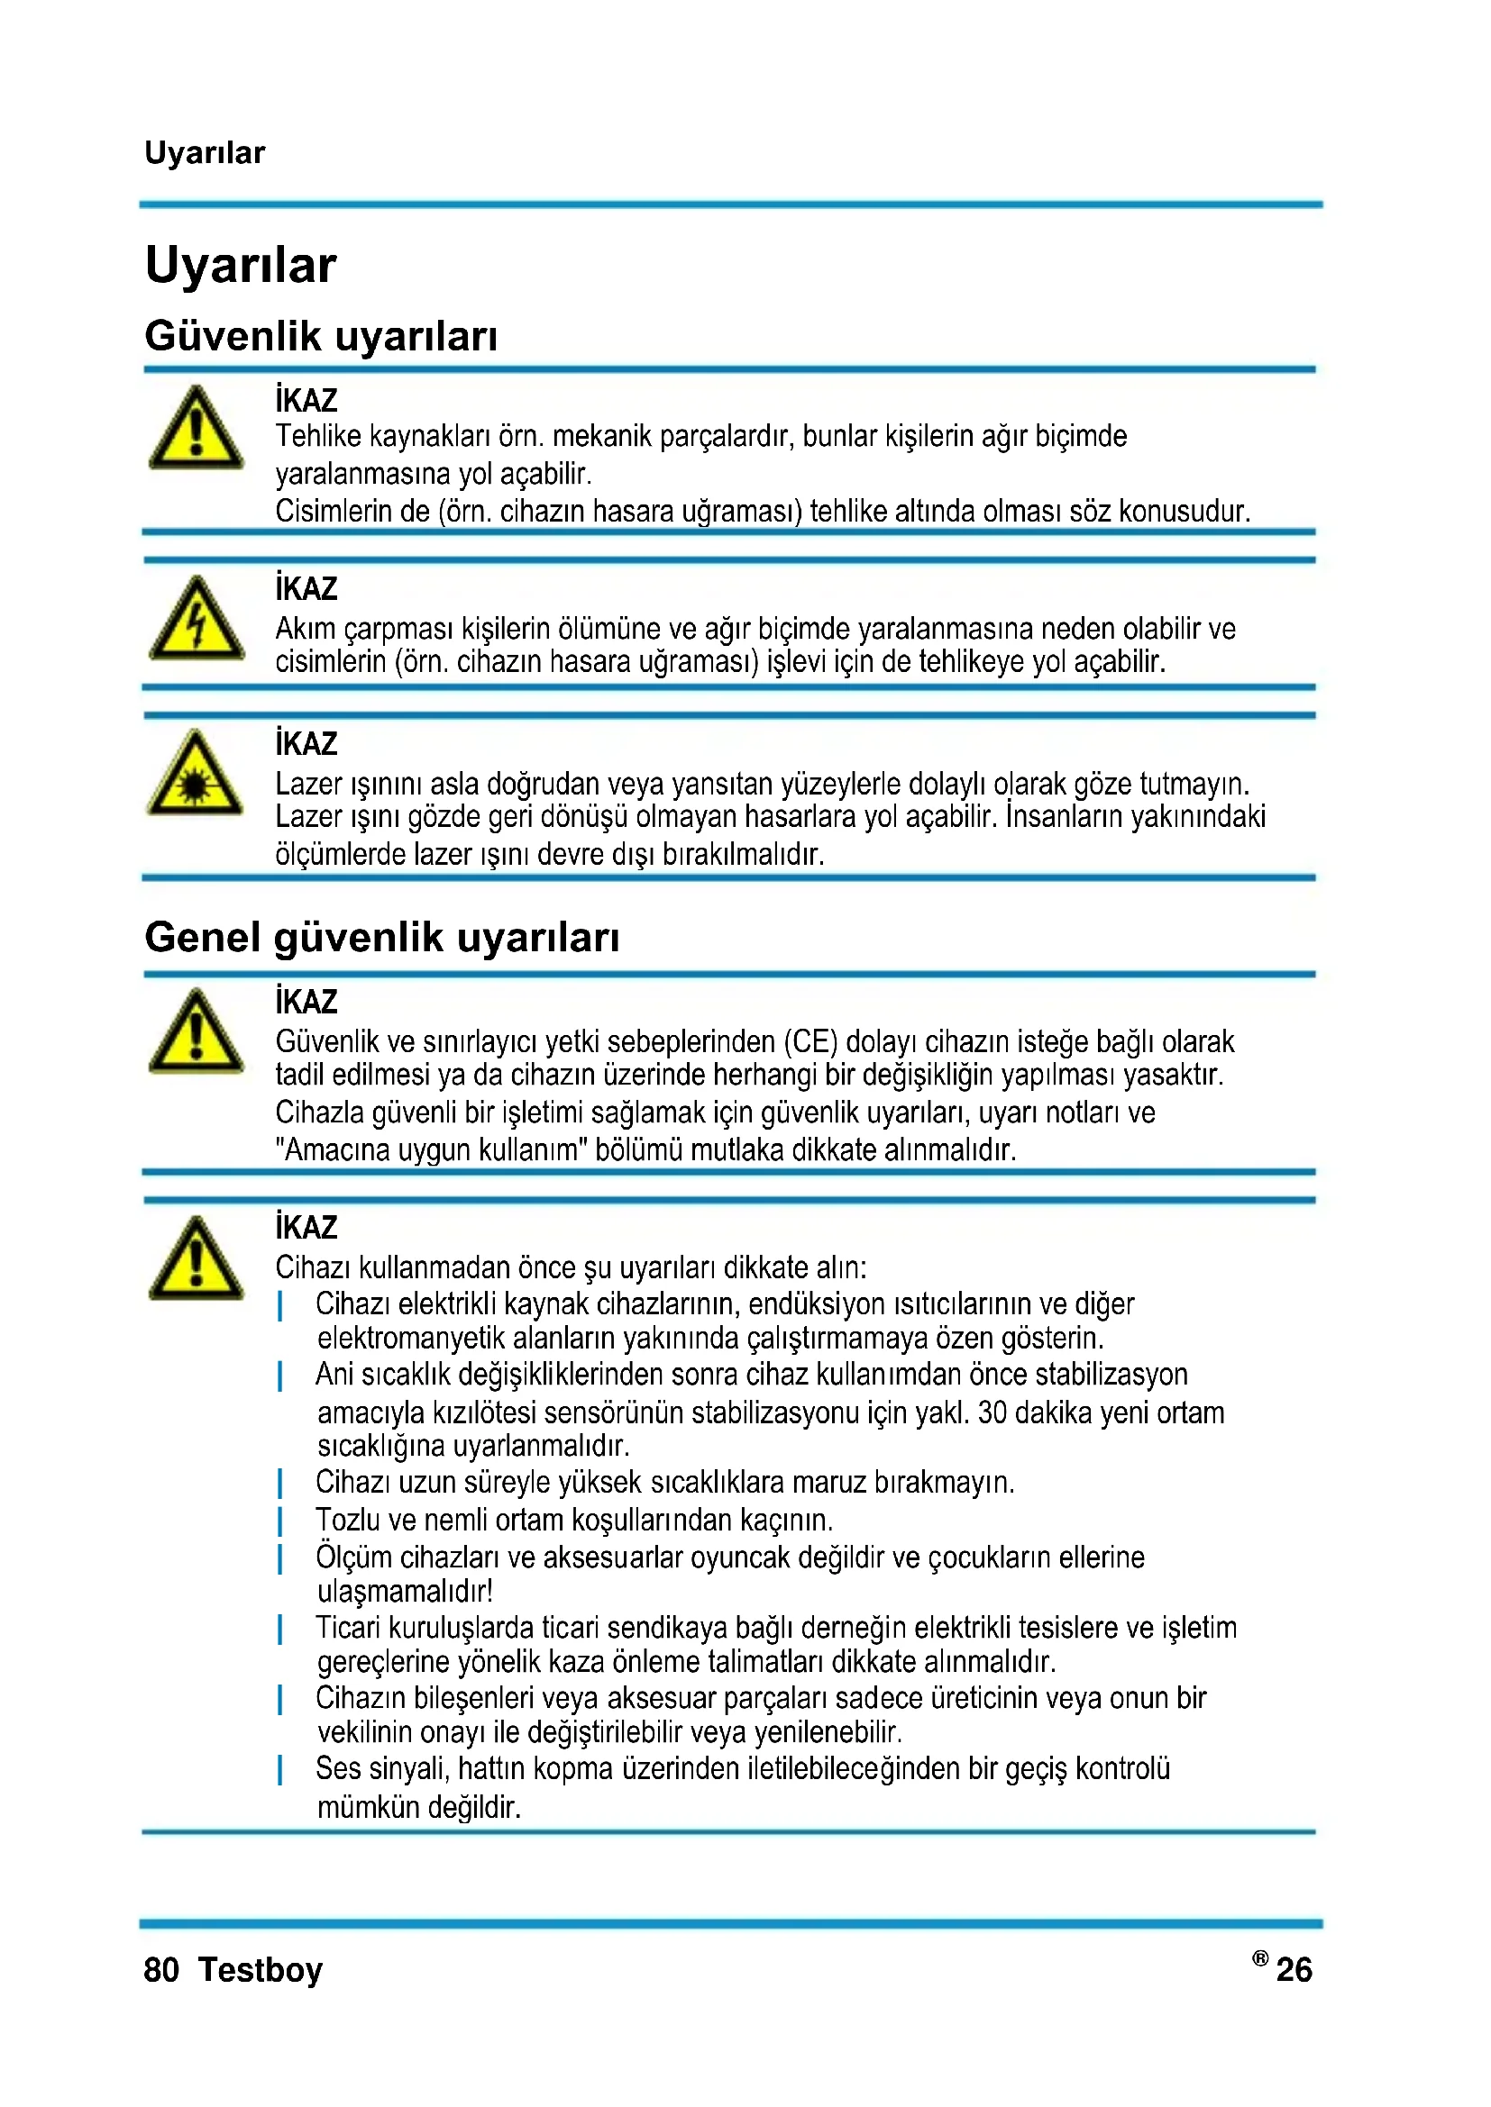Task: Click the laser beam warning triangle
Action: [195, 775]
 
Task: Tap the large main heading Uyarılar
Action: [241, 265]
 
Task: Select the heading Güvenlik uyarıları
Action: [320, 336]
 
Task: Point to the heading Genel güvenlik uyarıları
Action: [382, 937]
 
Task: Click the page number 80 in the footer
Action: [161, 1970]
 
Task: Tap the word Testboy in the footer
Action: [261, 1970]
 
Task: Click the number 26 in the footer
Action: [1294, 1970]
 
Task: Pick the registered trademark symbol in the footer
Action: [1259, 1958]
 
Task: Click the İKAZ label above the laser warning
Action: [306, 743]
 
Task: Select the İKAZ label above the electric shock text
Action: [306, 588]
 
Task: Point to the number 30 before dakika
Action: [992, 1412]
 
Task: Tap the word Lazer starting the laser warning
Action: [308, 784]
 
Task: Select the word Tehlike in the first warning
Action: [318, 436]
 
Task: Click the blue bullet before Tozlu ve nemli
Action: [280, 1521]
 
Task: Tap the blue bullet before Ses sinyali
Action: [280, 1770]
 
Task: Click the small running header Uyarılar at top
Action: [205, 152]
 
